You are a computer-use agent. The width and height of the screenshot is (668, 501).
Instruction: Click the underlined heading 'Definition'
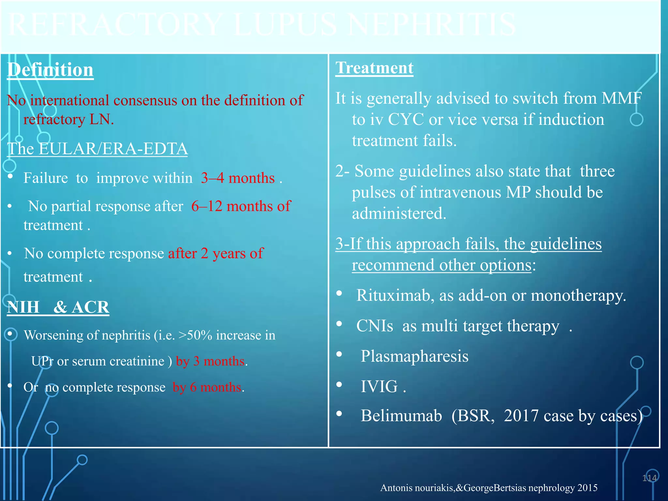(50, 70)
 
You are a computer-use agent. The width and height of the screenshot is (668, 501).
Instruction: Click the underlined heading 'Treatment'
(374, 68)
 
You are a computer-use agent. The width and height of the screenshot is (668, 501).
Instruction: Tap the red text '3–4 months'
(238, 178)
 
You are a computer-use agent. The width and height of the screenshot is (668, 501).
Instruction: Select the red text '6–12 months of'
(241, 206)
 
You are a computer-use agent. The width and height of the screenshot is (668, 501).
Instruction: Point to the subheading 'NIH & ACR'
(58, 307)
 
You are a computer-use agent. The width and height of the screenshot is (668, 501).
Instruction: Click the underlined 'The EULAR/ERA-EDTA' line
(98, 149)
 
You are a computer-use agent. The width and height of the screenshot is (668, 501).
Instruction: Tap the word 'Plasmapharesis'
(414, 356)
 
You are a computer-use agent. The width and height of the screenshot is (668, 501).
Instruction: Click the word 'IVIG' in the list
(379, 387)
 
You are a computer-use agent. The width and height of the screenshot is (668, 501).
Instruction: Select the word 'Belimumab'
(401, 416)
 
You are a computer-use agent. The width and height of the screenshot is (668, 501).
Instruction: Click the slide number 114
(649, 478)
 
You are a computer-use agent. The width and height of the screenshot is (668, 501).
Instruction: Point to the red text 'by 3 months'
(210, 361)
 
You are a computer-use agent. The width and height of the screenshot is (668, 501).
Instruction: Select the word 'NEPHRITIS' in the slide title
(432, 25)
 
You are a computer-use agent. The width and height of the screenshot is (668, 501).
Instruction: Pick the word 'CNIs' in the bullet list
(375, 326)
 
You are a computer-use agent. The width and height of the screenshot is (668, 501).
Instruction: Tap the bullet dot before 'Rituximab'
(339, 293)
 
